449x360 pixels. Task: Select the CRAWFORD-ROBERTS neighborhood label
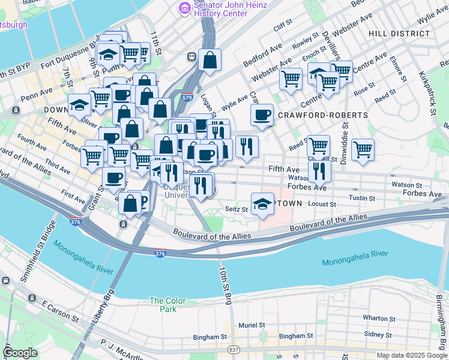click(x=318, y=115)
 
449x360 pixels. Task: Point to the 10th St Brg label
click(x=224, y=286)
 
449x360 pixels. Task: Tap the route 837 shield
click(x=234, y=349)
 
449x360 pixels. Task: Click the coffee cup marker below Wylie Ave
click(x=262, y=115)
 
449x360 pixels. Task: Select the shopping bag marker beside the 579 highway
click(x=209, y=59)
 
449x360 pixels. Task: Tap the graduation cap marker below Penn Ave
click(x=79, y=105)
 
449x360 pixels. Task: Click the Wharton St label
click(x=377, y=318)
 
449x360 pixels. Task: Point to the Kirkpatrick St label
click(x=432, y=93)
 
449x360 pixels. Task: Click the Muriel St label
click(x=252, y=325)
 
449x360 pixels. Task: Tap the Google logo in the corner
click(x=20, y=353)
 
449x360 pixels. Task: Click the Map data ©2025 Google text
click(x=411, y=355)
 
